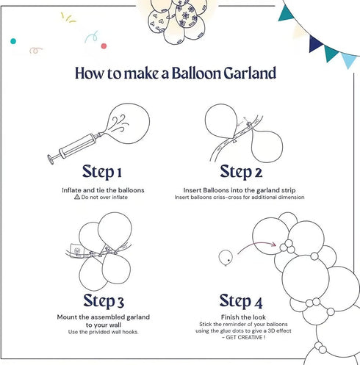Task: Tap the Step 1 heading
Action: click(102, 172)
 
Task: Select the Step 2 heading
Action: click(241, 172)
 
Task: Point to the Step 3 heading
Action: click(104, 301)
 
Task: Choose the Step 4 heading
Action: click(241, 301)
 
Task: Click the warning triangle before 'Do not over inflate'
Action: click(77, 197)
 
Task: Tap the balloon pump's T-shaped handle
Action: click(51, 159)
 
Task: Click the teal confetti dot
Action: click(13, 41)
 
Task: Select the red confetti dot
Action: click(104, 46)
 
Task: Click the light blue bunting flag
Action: click(349, 60)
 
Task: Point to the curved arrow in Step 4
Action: click(255, 245)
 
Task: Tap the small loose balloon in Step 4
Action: click(226, 258)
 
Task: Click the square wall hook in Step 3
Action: click(76, 250)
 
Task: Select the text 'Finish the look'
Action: click(243, 317)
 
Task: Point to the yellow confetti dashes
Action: click(68, 18)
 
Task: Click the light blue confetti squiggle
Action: click(92, 37)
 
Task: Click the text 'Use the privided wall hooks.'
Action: click(103, 332)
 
